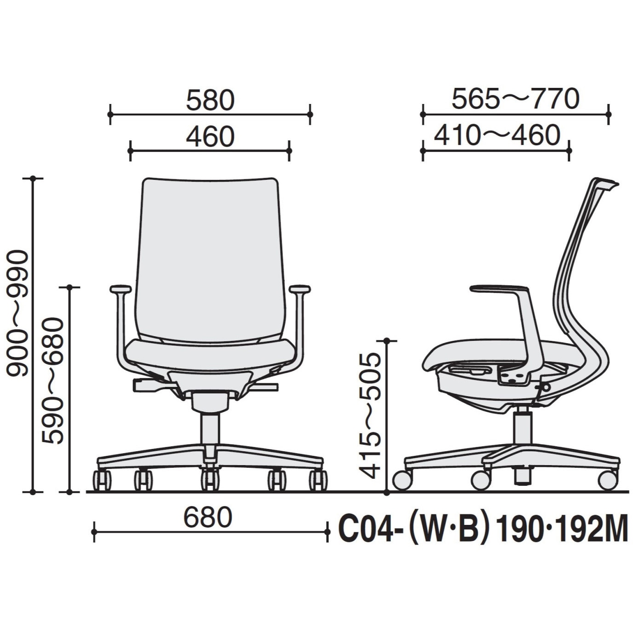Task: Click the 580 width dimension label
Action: point(210,100)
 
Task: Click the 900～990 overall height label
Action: point(17,313)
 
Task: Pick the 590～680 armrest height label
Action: point(52,381)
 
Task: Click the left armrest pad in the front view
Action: point(121,289)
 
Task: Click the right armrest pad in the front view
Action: point(299,289)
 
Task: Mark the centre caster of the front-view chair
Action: point(210,480)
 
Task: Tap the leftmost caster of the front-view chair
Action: point(102,480)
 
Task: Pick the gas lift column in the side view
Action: point(522,426)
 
